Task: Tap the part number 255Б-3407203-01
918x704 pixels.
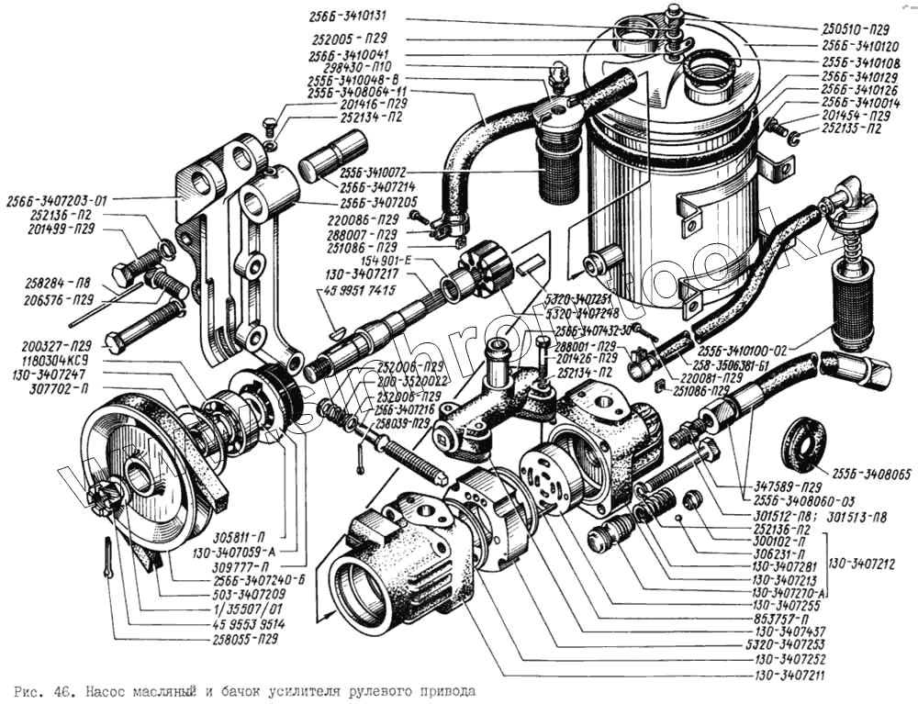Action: coord(57,199)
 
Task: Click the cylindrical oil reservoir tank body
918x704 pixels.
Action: coord(670,184)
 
